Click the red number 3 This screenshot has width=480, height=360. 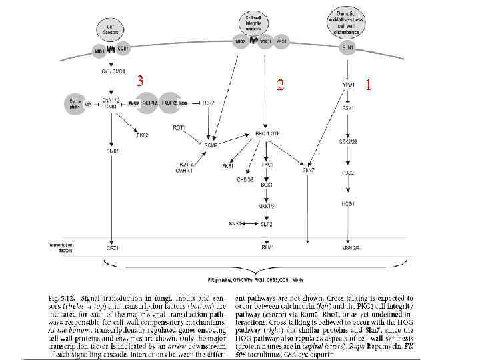140,81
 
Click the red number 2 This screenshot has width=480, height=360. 281,85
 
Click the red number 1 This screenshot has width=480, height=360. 368,85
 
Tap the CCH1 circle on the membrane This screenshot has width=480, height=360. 123,48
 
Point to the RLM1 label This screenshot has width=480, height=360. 267,248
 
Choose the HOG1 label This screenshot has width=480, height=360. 347,203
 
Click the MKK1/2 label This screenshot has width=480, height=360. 267,207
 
